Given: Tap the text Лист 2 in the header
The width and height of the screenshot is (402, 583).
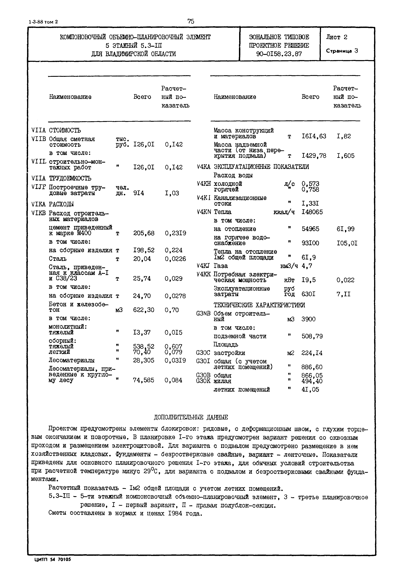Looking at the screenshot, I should tap(336, 37).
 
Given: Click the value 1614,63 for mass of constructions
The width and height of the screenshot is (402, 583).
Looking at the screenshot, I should tap(314, 136).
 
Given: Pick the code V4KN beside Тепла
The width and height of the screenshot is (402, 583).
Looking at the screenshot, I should tap(204, 212).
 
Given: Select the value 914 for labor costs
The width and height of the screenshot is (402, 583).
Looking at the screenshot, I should tap(139, 193).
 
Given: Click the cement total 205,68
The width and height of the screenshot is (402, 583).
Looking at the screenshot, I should tap(144, 233).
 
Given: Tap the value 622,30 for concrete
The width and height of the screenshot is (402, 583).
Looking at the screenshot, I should tap(144, 310).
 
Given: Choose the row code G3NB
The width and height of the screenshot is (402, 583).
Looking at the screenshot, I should tap(203, 314).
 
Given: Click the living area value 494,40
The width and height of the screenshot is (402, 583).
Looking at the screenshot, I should tap(312, 381).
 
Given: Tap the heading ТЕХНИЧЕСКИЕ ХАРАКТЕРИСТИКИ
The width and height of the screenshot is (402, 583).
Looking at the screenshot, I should tap(259, 305).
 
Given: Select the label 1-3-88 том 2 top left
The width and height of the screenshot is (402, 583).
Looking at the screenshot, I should tap(43, 22).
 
